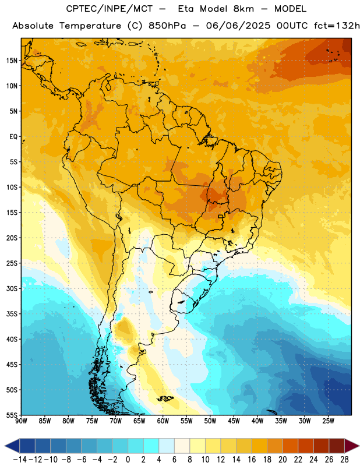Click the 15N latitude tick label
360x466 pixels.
pos(12,61)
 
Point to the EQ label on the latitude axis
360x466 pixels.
pos(13,137)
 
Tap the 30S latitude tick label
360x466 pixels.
pos(12,288)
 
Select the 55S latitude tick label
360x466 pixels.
pos(12,415)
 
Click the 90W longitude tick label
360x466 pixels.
pos(21,421)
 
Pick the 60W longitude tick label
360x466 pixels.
pos(163,421)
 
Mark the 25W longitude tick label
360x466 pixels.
pos(328,421)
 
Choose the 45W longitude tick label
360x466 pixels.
pos(234,421)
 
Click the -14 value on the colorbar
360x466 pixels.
pos(20,460)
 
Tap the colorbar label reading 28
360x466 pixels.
pos(344,460)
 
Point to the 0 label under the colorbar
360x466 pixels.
pos(128,460)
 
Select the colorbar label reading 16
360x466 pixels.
pos(252,460)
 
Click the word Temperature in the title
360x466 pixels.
pos(90,26)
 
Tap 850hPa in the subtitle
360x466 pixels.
pos(167,26)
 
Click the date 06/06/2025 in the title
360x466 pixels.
pos(238,26)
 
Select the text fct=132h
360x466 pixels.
pos(337,26)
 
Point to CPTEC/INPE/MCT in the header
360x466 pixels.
pos(110,9)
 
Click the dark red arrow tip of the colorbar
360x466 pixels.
pos(352,446)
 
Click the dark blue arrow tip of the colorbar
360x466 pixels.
pos(12,446)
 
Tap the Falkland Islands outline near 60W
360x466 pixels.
pos(165,398)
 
